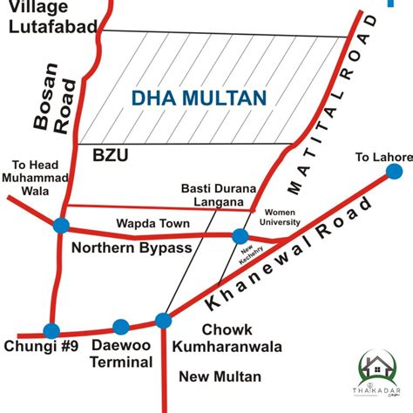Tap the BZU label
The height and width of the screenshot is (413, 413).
[111, 156]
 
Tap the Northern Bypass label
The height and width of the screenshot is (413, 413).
[131, 248]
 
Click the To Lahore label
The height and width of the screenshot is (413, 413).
[383, 158]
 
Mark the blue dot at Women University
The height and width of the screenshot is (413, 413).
[240, 236]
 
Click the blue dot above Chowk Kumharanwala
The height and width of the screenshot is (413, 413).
[163, 321]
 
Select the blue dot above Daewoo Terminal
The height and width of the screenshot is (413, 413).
[121, 327]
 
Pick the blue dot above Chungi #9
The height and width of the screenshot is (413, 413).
[51, 331]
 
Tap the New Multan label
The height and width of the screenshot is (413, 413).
[219, 376]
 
